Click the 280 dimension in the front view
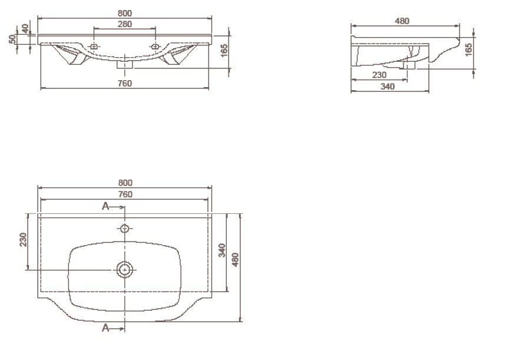coord(124,24)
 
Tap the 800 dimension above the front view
coord(124,13)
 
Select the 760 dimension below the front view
coord(124,83)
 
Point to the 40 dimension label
coord(25,29)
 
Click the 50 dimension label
coord(12,39)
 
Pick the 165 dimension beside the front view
coord(224,50)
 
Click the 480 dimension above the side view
coord(402,21)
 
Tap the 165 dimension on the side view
coord(468,49)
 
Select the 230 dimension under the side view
coord(379,75)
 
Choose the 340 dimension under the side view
coord(387,87)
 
